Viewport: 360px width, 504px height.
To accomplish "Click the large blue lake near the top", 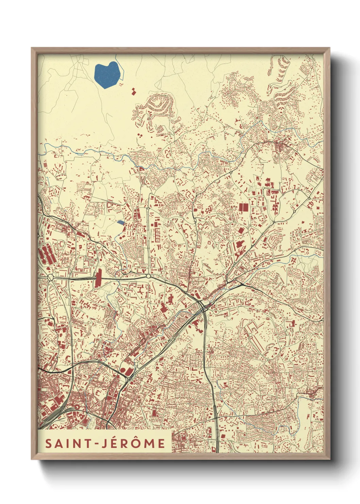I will pyautogui.click(x=107, y=75).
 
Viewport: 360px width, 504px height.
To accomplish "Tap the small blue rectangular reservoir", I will pyautogui.click(x=120, y=222).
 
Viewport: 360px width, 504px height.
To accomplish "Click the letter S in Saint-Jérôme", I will pyautogui.click(x=49, y=443).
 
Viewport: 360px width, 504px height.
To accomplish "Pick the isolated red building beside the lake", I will pyautogui.click(x=133, y=91).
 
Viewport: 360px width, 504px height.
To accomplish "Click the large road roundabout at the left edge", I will pyautogui.click(x=51, y=278).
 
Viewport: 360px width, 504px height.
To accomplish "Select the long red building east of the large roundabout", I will pyautogui.click(x=99, y=278).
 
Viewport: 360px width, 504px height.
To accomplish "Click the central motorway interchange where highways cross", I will pyautogui.click(x=203, y=306).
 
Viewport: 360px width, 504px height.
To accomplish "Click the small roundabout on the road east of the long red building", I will pyautogui.click(x=148, y=276).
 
